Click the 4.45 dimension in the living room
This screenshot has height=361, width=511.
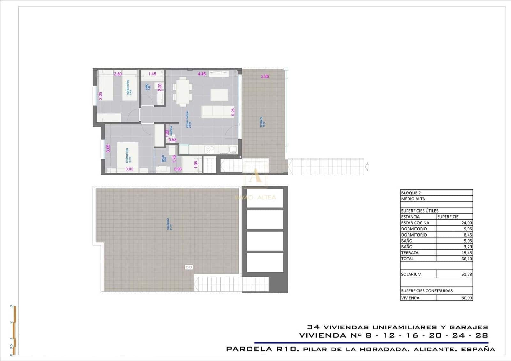[202, 74]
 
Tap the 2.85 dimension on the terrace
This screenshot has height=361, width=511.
[265, 77]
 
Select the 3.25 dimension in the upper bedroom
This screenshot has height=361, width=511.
[100, 96]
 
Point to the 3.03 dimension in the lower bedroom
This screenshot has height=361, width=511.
[129, 169]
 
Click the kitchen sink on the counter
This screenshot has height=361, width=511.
[233, 149]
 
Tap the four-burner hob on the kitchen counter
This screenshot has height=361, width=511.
[210, 149]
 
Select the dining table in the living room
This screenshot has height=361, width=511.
[183, 91]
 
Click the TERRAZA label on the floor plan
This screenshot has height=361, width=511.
[262, 122]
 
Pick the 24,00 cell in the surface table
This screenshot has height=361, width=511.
[467, 223]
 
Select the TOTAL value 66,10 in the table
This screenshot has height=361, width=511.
[467, 259]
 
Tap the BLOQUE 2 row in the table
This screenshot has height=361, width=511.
[411, 193]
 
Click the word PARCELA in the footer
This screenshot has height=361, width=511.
[248, 349]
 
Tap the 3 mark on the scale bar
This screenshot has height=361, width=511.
[11, 306]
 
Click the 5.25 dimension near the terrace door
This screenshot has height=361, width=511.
[233, 112]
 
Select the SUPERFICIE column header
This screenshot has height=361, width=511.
[448, 217]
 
